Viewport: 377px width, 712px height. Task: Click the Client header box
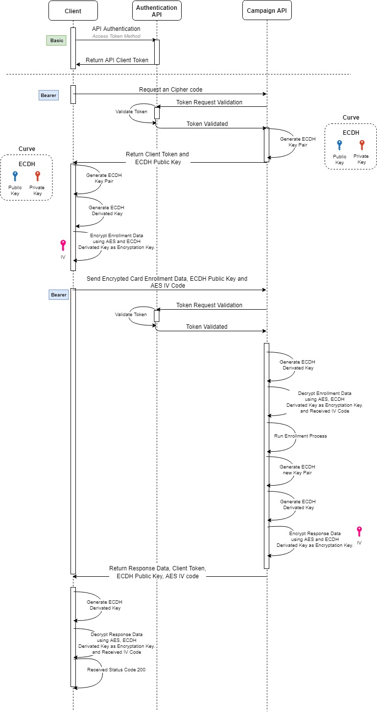coord(73,11)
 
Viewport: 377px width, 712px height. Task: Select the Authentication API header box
coord(157,11)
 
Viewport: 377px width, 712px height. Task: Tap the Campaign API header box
coord(267,11)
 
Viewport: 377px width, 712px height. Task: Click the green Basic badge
coord(57,41)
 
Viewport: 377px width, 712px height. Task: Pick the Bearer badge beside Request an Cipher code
coord(48,95)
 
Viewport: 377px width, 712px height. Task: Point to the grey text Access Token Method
coord(117,36)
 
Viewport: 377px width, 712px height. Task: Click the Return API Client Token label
coord(117,60)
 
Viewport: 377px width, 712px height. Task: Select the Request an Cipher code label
coord(170,90)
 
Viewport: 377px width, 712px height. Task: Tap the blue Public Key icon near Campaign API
coord(339,145)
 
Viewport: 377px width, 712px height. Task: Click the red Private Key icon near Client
coord(37,176)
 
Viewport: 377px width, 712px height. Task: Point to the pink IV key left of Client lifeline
coord(63,245)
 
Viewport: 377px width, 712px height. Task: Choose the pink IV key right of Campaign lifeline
coord(359,532)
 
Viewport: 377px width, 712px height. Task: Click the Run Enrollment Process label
coord(300,436)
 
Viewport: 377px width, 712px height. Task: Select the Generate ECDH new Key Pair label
coord(297,469)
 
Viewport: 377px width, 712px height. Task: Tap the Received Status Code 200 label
coord(116,669)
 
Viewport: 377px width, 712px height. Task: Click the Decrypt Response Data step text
coord(117,643)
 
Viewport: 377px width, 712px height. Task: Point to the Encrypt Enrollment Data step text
coord(117,242)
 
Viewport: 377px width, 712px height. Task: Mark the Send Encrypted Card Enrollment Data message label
coord(167,281)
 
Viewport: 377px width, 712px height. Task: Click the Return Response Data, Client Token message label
coord(158,572)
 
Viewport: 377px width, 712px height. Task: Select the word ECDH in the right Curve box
coord(350,132)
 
